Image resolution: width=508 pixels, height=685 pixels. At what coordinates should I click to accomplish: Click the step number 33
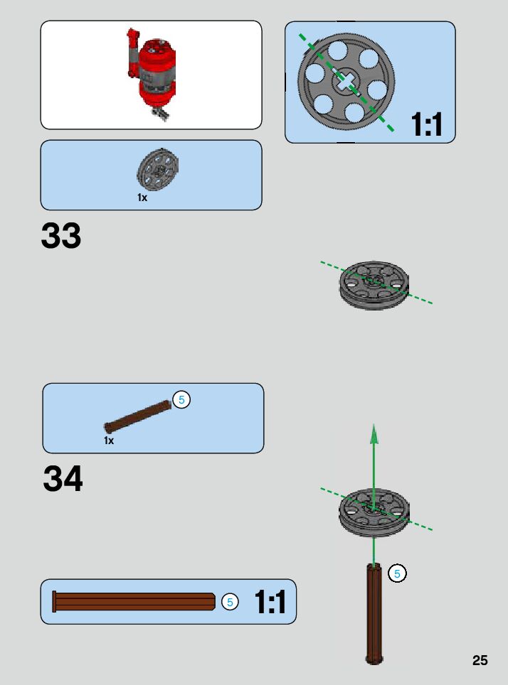(61, 236)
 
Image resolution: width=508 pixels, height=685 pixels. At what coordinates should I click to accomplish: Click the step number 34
(63, 479)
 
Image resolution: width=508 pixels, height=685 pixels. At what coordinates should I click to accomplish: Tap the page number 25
(480, 660)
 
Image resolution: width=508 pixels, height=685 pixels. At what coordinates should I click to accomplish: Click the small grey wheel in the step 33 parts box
(157, 169)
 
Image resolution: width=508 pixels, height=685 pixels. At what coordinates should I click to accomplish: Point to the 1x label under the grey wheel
(142, 198)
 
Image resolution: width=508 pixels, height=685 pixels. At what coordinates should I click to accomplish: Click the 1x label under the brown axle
(109, 441)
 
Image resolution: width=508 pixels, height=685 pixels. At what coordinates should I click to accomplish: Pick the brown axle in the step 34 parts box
(138, 417)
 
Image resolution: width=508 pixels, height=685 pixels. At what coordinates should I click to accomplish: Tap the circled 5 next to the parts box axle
(181, 400)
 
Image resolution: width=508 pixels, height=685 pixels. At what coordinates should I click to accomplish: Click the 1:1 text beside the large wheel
(427, 126)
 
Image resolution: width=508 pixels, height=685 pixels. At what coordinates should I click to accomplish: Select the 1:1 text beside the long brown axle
(270, 603)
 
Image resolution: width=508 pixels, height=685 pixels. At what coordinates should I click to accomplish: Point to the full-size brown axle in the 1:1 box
(134, 602)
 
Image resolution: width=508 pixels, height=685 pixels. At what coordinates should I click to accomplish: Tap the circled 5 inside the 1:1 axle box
(229, 602)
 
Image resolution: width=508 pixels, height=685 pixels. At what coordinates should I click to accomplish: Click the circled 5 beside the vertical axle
(397, 573)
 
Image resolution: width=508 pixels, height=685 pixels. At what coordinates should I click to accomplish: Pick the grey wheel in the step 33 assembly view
(374, 285)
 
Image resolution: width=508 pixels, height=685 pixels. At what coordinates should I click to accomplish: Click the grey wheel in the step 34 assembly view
(374, 512)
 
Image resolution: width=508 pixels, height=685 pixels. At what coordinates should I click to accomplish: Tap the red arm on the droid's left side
(132, 53)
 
